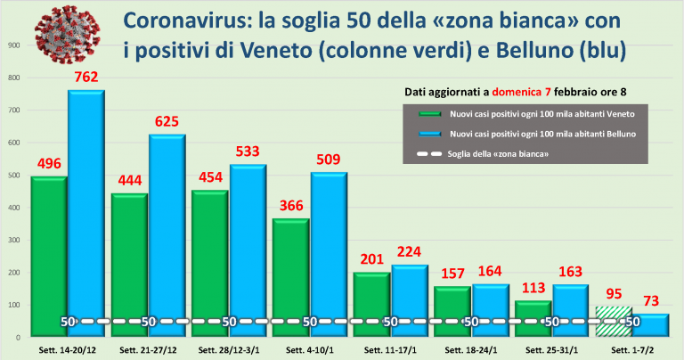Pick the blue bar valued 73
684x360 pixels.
coord(649,325)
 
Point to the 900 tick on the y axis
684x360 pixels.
coord(13,45)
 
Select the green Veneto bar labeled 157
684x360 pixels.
coord(452,312)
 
